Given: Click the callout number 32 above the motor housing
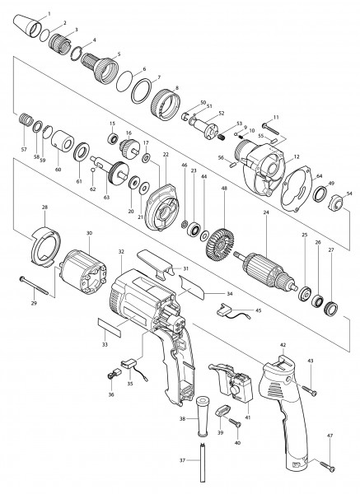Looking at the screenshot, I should click(121, 250).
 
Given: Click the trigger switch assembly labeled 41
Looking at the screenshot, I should click(241, 386).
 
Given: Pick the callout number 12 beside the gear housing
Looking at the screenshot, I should click(296, 157).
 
